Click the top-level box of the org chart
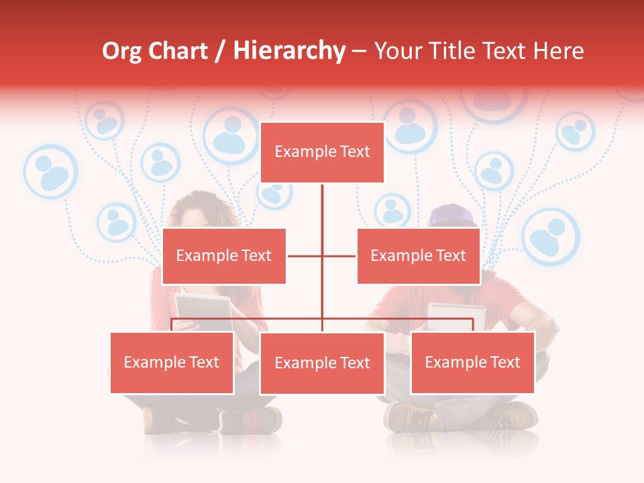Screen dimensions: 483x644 coord(322,152)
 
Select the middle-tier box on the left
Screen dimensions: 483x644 coord(224,256)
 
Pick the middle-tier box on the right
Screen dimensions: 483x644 coord(418,256)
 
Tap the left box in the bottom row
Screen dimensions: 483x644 coord(172,362)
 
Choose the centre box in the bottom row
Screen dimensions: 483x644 coord(322,363)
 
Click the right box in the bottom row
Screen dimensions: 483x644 coord(472,362)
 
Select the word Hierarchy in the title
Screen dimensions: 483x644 coord(288,51)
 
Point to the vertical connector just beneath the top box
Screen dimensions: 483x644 coord(322,205)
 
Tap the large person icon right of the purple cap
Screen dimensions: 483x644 coord(550,236)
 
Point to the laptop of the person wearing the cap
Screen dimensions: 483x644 coord(456,316)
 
